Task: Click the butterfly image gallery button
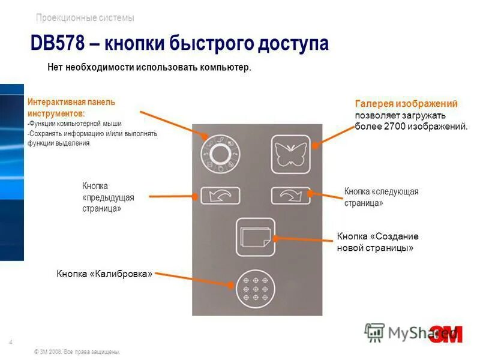click(x=291, y=154)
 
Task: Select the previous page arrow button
click(x=220, y=196)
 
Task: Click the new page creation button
click(x=256, y=237)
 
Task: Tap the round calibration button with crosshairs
click(x=256, y=289)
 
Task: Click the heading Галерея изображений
click(x=406, y=104)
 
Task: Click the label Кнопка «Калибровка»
click(x=105, y=274)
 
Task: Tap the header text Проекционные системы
click(x=85, y=18)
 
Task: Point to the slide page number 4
click(x=11, y=342)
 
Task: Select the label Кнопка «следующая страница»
click(x=381, y=197)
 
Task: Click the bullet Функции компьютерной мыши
click(x=76, y=124)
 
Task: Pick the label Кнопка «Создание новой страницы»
click(x=377, y=242)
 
